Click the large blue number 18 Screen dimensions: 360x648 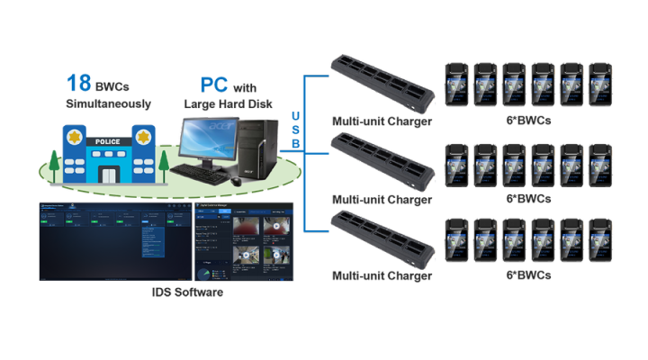point(75,84)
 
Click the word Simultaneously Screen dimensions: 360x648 point(108,104)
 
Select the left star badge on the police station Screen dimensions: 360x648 point(73,136)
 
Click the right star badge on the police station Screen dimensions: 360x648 point(141,136)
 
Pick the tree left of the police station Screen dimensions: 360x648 point(55,165)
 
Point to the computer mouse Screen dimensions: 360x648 point(236,181)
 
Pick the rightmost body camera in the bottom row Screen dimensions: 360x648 point(600,241)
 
